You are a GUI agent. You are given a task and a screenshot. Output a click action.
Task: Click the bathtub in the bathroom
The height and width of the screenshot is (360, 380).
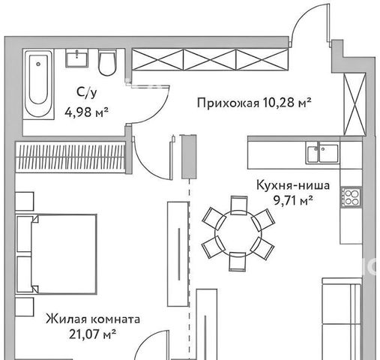(39, 84)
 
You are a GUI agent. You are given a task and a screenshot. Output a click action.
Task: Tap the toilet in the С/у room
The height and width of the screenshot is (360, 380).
(107, 62)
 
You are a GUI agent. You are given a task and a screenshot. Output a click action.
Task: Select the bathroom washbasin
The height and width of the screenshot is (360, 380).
(76, 58)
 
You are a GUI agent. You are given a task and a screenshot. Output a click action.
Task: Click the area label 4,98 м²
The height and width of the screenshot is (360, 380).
(86, 112)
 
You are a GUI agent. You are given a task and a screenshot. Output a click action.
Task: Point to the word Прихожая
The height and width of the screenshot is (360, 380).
(228, 103)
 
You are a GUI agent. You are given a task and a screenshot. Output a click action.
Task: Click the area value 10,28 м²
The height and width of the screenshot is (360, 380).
(287, 102)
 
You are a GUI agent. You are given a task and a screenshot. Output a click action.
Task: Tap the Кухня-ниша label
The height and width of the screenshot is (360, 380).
(293, 185)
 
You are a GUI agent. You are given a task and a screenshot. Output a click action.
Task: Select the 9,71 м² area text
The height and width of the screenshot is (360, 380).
(293, 200)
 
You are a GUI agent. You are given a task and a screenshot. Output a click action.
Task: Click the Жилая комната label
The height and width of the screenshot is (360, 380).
(93, 319)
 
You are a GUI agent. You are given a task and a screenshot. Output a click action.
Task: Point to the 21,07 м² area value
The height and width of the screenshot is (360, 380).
(92, 334)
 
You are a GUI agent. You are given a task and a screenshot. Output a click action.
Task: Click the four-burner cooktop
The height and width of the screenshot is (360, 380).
(352, 197)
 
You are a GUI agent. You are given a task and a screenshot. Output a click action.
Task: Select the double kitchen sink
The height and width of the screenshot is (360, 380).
(323, 152)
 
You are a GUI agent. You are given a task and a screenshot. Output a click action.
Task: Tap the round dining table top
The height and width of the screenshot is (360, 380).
(238, 234)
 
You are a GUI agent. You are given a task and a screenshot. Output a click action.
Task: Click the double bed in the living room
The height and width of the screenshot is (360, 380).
(57, 253)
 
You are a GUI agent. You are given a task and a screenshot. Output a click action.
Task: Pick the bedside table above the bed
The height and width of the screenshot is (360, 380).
(25, 201)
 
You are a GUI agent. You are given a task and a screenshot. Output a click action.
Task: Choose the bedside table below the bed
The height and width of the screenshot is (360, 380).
(25, 307)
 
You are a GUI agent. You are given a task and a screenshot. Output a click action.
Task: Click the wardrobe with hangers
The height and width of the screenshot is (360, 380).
(70, 157)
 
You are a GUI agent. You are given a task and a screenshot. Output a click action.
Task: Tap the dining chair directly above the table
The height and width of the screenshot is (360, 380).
(239, 205)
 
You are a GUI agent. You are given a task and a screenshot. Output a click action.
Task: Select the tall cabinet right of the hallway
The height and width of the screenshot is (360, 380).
(355, 104)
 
